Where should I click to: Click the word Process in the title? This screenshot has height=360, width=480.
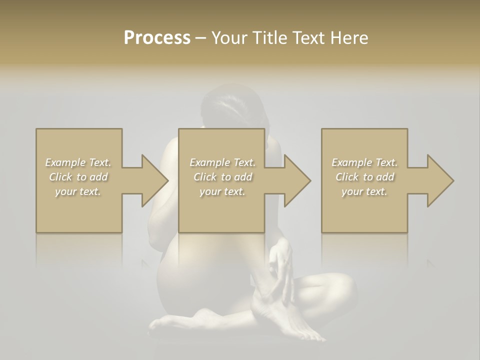click(x=157, y=38)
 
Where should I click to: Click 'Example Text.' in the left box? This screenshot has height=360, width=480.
click(x=78, y=162)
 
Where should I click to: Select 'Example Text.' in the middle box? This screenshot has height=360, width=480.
click(x=222, y=162)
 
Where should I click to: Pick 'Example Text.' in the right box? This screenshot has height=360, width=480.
click(x=364, y=162)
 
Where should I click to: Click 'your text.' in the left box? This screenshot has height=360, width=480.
click(x=78, y=191)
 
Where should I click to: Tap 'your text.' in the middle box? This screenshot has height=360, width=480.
click(x=222, y=191)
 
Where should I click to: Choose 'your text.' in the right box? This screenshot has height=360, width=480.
click(x=364, y=191)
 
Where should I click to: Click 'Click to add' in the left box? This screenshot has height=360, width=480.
click(x=78, y=177)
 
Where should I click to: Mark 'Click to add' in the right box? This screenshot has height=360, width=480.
click(x=364, y=177)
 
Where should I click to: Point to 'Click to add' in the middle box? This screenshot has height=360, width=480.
click(x=222, y=177)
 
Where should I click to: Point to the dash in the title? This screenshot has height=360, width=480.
click(x=201, y=38)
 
